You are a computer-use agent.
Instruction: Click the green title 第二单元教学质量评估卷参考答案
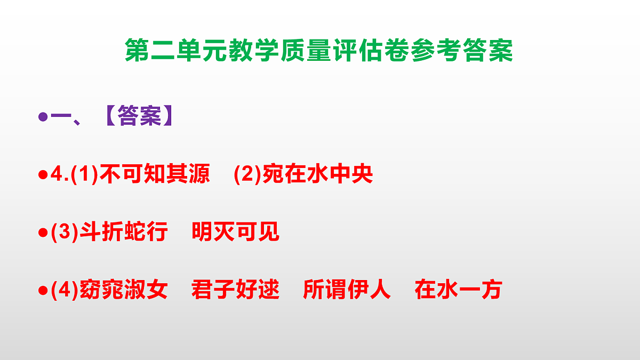[x=319, y=51]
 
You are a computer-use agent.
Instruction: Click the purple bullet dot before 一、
[x=43, y=116]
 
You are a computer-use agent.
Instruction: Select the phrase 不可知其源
[x=155, y=174]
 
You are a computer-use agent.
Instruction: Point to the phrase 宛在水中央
[x=317, y=174]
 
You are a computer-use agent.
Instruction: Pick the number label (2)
[x=248, y=175]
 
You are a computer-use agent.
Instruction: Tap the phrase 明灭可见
[x=235, y=233]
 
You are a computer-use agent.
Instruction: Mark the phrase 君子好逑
[x=235, y=290]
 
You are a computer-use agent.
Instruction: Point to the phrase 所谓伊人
[x=347, y=290]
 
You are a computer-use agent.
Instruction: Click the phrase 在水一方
[x=458, y=290]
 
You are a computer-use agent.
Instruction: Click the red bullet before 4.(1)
[x=43, y=175]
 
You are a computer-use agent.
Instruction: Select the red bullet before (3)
[x=43, y=233]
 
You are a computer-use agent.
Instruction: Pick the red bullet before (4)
[x=43, y=291]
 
